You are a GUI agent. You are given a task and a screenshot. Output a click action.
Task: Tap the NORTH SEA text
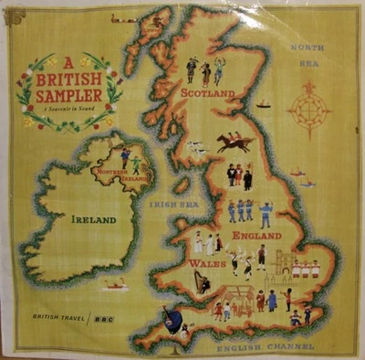click(x=308, y=54)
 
